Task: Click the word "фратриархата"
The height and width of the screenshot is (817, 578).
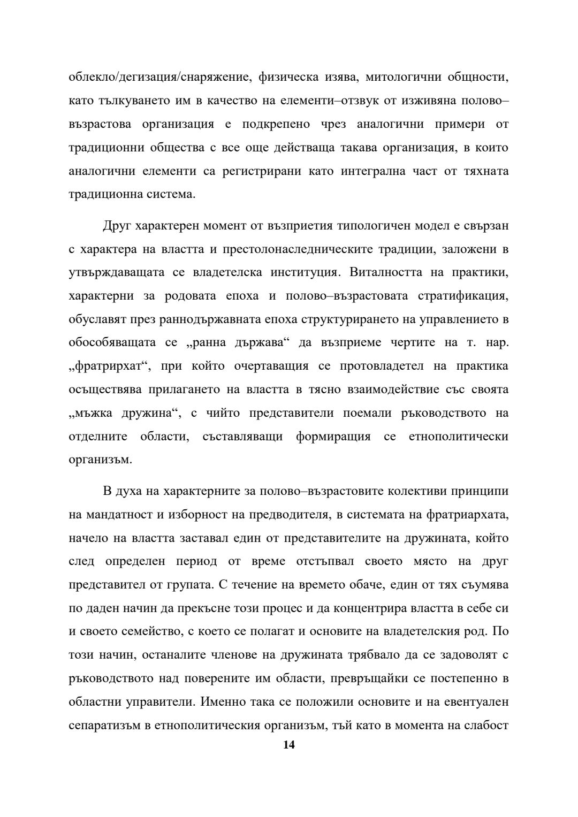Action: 467,515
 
